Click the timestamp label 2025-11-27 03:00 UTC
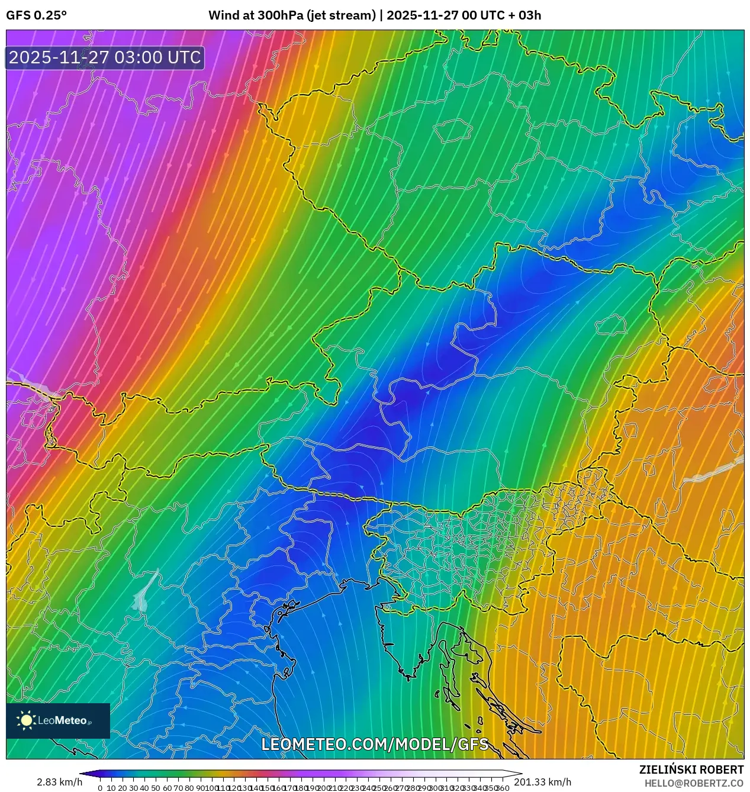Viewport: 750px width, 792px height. tap(105, 57)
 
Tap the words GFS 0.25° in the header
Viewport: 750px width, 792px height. tap(36, 15)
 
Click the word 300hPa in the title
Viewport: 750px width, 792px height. tap(281, 15)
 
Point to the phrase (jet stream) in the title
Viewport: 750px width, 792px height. tap(341, 15)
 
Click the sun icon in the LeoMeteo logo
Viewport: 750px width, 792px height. tap(26, 720)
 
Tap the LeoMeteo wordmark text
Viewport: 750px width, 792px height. tap(62, 720)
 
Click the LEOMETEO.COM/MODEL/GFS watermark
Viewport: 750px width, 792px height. tap(375, 744)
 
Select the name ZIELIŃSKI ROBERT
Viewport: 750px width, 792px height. tap(691, 770)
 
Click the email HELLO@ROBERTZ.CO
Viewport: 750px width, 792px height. tap(694, 783)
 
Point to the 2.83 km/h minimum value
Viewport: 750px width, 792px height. tap(59, 783)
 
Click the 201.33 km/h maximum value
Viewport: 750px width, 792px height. tap(542, 783)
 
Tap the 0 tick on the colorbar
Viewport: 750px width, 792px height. tap(100, 788)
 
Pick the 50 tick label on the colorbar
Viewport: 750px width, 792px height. tap(156, 788)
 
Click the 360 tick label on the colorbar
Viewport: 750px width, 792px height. tap(503, 788)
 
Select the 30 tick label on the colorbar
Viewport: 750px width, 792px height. tap(133, 788)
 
